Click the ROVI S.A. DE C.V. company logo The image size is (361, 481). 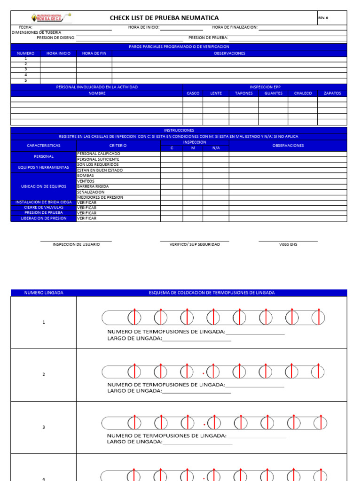[51, 17]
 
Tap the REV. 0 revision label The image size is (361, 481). [323, 18]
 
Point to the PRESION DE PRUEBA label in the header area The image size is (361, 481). [208, 37]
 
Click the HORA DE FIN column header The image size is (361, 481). [94, 54]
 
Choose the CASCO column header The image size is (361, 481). [193, 93]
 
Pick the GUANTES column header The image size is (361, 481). [274, 93]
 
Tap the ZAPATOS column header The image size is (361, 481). [332, 93]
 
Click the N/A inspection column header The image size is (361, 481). [216, 148]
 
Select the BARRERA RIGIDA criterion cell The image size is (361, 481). [93, 186]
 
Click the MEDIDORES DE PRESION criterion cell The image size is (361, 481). [100, 197]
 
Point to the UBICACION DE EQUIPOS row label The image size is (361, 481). [43, 186]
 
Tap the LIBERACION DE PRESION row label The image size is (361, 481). [43, 218]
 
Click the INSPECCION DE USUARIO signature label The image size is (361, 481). [76, 244]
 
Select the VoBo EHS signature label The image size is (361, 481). [288, 244]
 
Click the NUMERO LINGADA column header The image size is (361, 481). [44, 293]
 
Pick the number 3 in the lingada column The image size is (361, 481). [44, 427]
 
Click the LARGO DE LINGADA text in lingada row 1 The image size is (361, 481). [135, 338]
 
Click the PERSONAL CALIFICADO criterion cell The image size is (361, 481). [98, 154]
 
